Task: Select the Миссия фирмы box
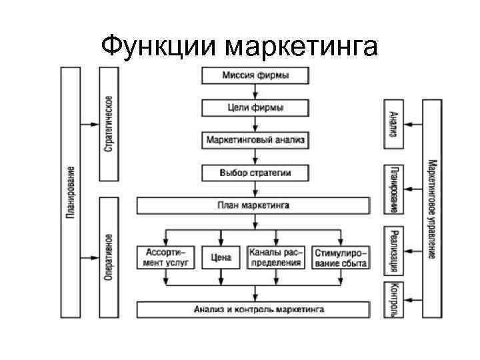[x=255, y=75]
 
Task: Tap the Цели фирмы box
[x=255, y=108]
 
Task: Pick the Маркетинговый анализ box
[x=255, y=141]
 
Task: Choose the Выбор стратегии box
[x=255, y=173]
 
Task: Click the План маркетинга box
[x=253, y=206]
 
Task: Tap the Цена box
[x=221, y=258]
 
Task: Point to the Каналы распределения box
[x=275, y=258]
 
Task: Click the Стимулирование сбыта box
[x=341, y=258]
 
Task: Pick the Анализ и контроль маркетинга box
[x=253, y=309]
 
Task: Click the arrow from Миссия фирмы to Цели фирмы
[x=255, y=91]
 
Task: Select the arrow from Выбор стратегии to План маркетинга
[x=255, y=189]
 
